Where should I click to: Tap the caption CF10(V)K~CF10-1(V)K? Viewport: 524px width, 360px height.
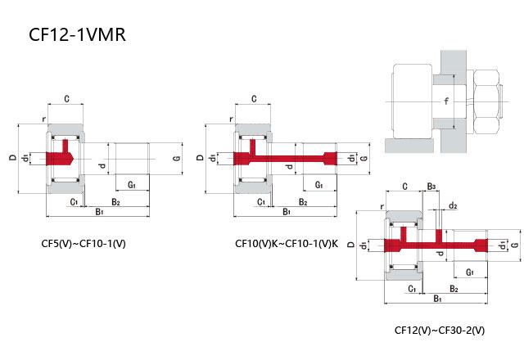tap(286, 243)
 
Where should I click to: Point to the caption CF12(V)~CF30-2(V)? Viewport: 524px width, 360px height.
tap(439, 331)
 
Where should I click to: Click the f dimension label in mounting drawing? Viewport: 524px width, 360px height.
tap(445, 101)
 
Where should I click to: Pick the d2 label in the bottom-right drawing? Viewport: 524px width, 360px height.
tap(452, 205)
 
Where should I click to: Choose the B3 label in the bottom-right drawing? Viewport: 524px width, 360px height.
tap(431, 187)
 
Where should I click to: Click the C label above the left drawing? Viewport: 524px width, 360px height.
tap(65, 99)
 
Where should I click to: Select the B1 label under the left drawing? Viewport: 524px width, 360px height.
tap(99, 211)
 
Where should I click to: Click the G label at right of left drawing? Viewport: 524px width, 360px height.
tap(176, 157)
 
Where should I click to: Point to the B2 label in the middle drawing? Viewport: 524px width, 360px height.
tap(303, 201)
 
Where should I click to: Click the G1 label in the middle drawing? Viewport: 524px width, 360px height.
tap(318, 186)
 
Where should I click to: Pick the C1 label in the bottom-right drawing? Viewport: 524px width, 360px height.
tap(411, 288)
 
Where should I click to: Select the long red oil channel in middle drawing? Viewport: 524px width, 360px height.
tap(295, 157)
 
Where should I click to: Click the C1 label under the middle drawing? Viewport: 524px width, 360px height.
tap(261, 201)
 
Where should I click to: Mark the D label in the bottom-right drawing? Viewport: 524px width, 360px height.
tap(363, 244)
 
